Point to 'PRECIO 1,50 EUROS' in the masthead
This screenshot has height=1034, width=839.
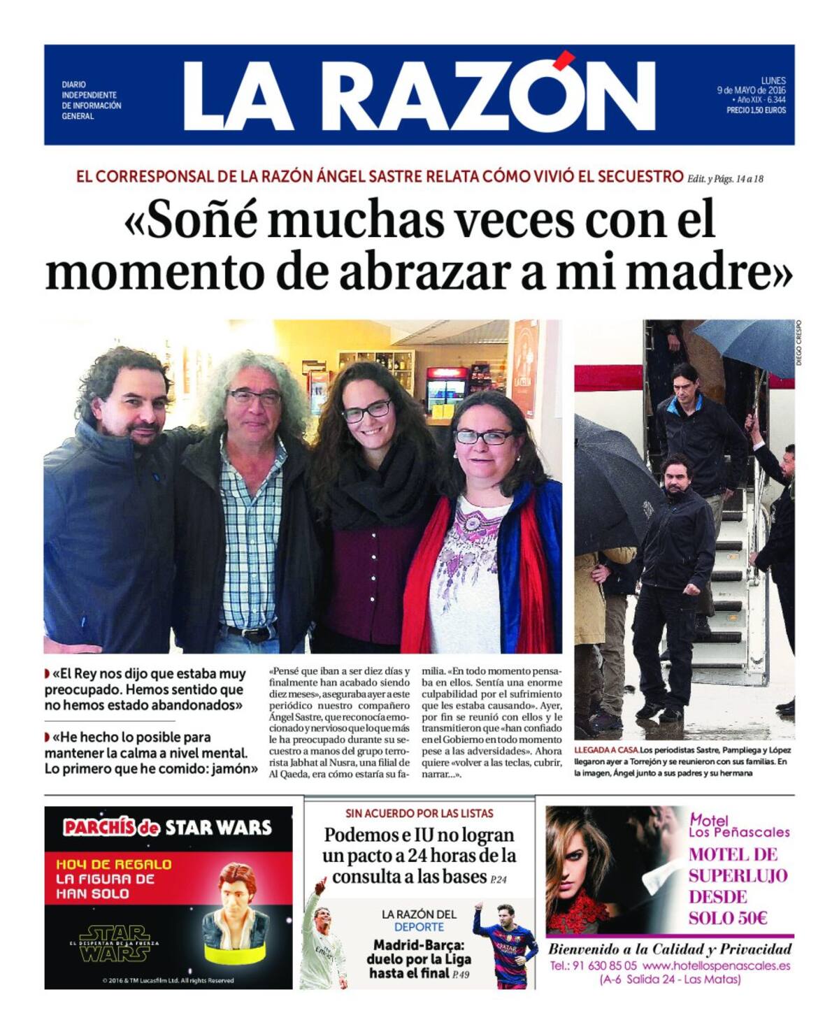(756, 110)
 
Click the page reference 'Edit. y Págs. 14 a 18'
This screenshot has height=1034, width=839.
(726, 178)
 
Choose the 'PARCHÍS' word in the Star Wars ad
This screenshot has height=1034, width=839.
(99, 828)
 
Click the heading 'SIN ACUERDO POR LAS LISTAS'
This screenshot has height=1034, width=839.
(419, 813)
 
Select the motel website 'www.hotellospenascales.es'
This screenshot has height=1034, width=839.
(717, 966)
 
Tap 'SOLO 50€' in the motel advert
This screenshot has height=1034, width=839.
(728, 918)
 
